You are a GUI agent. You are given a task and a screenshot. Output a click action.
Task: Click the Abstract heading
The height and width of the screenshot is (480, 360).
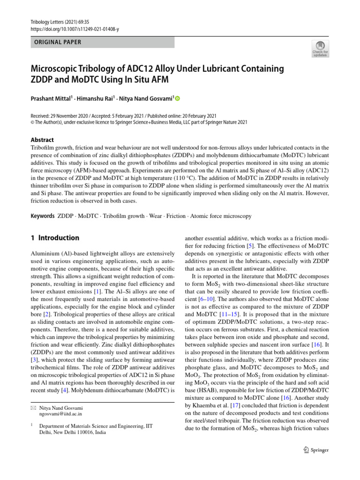coord(42,140)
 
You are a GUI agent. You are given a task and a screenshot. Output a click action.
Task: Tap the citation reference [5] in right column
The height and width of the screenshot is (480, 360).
coord(251,246)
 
